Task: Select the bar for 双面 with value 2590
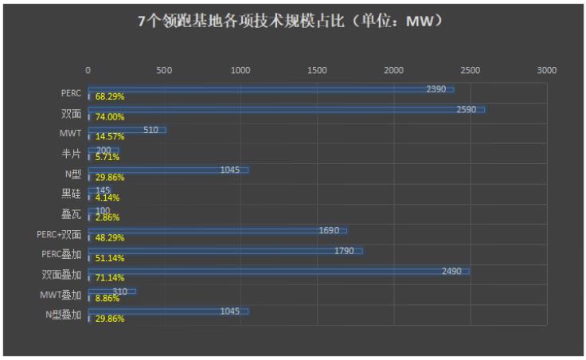[x=287, y=109]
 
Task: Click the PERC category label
[x=72, y=93]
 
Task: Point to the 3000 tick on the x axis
[x=546, y=71]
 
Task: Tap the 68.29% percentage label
[x=109, y=97]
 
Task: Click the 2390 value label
[x=436, y=89]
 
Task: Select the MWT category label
[x=71, y=133]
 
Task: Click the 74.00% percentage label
[x=109, y=117]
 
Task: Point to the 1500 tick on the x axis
[x=317, y=71]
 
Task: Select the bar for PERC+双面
[x=217, y=231]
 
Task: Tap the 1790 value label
[x=344, y=251]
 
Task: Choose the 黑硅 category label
[x=71, y=194]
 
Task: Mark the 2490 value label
[x=451, y=272]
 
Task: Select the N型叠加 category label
[x=64, y=315]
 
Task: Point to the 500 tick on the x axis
[x=164, y=71]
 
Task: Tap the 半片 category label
[x=71, y=153]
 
